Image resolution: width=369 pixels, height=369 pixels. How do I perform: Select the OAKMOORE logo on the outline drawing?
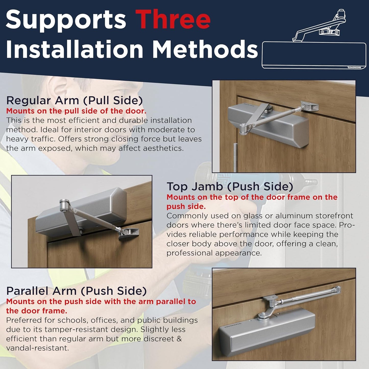point(354,67)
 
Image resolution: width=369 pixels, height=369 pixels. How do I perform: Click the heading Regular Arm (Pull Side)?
point(74,100)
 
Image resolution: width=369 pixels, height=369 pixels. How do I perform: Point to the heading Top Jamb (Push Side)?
point(230,186)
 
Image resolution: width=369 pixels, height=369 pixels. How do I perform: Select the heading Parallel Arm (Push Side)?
point(76,291)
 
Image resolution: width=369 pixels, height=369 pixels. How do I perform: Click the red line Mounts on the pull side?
point(76,111)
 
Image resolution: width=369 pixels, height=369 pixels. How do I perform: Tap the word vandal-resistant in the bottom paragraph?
point(37,348)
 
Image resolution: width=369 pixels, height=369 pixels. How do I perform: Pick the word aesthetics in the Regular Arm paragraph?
point(161,148)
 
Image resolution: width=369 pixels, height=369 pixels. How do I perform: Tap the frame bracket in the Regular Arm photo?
point(310,107)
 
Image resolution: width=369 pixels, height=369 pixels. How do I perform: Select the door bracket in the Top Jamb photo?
point(129,233)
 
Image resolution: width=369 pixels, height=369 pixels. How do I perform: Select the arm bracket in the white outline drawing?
point(329,32)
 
